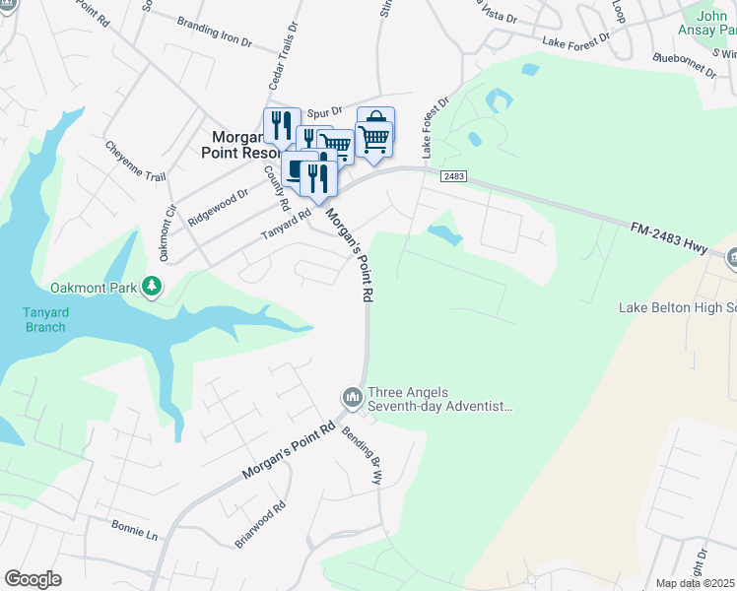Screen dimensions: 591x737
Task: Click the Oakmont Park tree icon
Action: (151, 287)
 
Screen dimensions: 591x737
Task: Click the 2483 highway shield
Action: (453, 175)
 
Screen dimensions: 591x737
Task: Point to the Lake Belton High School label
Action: (677, 307)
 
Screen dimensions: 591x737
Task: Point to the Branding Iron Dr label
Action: (214, 31)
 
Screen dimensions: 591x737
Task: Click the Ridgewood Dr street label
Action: (217, 208)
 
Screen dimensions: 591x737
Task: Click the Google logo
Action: (33, 579)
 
